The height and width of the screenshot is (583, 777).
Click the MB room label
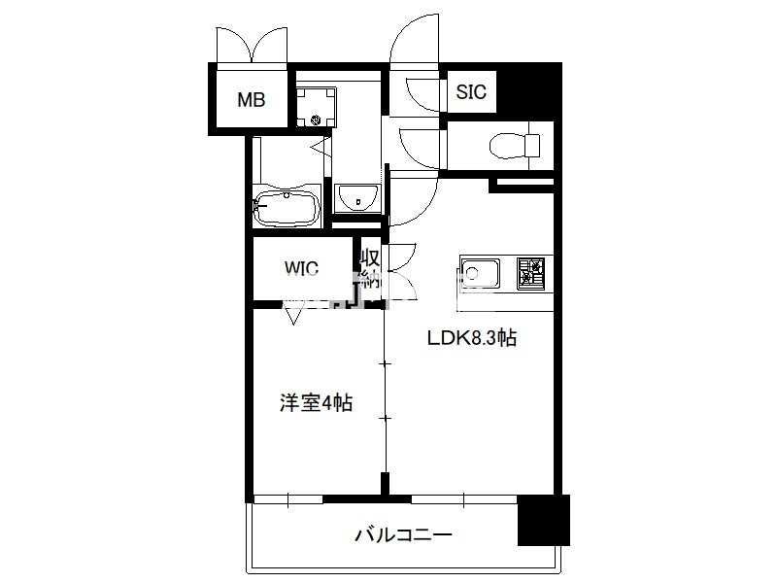(x=252, y=100)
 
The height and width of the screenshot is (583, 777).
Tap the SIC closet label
(x=471, y=91)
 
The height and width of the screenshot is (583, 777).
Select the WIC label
(x=301, y=268)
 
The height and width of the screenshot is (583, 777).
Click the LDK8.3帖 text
(x=472, y=338)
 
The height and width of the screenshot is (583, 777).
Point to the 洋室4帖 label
(x=317, y=402)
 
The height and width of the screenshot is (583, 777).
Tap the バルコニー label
(x=404, y=535)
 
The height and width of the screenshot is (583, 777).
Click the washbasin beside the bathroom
(x=357, y=198)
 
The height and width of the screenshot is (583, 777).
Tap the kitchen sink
(x=479, y=273)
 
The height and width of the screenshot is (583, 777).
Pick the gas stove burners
(x=531, y=273)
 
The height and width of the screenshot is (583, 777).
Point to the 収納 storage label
(x=370, y=269)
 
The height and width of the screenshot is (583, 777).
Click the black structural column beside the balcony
(x=544, y=520)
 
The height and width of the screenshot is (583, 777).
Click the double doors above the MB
(x=252, y=45)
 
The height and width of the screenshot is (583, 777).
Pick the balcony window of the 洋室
(x=288, y=499)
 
